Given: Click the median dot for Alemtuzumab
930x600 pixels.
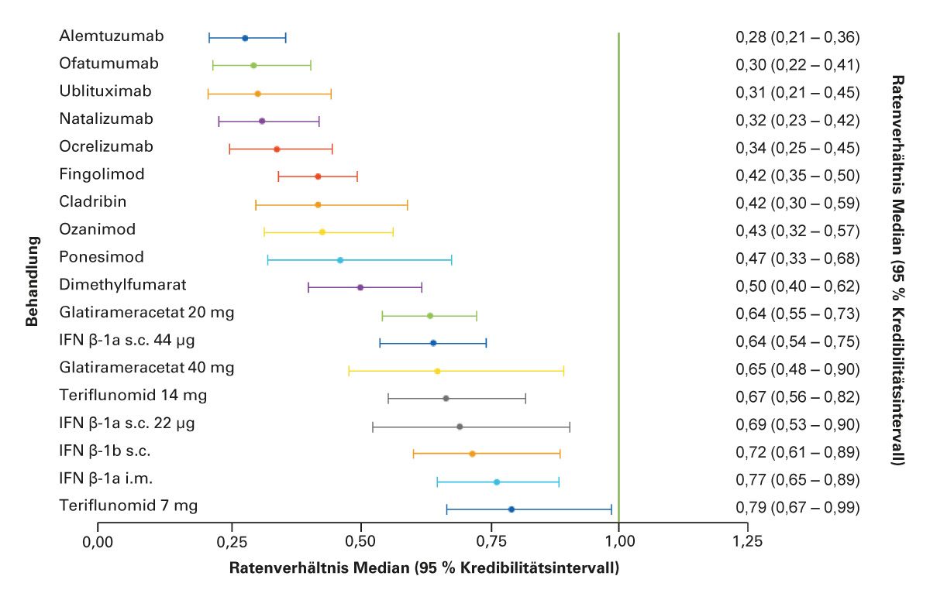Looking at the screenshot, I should [245, 38].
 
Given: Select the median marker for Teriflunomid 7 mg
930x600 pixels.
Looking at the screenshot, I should [511, 509].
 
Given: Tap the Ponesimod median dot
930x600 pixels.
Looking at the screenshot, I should [340, 260].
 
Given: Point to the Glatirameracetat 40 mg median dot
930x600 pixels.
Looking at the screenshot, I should [437, 371].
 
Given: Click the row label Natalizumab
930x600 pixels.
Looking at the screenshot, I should [106, 118].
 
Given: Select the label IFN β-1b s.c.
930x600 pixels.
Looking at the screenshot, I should [105, 451].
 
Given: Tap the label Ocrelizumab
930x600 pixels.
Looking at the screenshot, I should [106, 146].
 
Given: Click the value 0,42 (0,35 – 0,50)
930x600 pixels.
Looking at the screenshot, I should [797, 176].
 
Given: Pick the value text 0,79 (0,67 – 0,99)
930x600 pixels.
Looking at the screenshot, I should [797, 508].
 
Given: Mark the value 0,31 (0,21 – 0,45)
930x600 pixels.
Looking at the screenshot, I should [797, 93].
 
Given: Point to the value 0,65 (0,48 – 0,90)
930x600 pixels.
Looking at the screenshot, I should [797, 369].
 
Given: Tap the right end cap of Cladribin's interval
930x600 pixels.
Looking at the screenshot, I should [408, 204].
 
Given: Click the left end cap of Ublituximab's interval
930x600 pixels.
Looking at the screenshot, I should [208, 94].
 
